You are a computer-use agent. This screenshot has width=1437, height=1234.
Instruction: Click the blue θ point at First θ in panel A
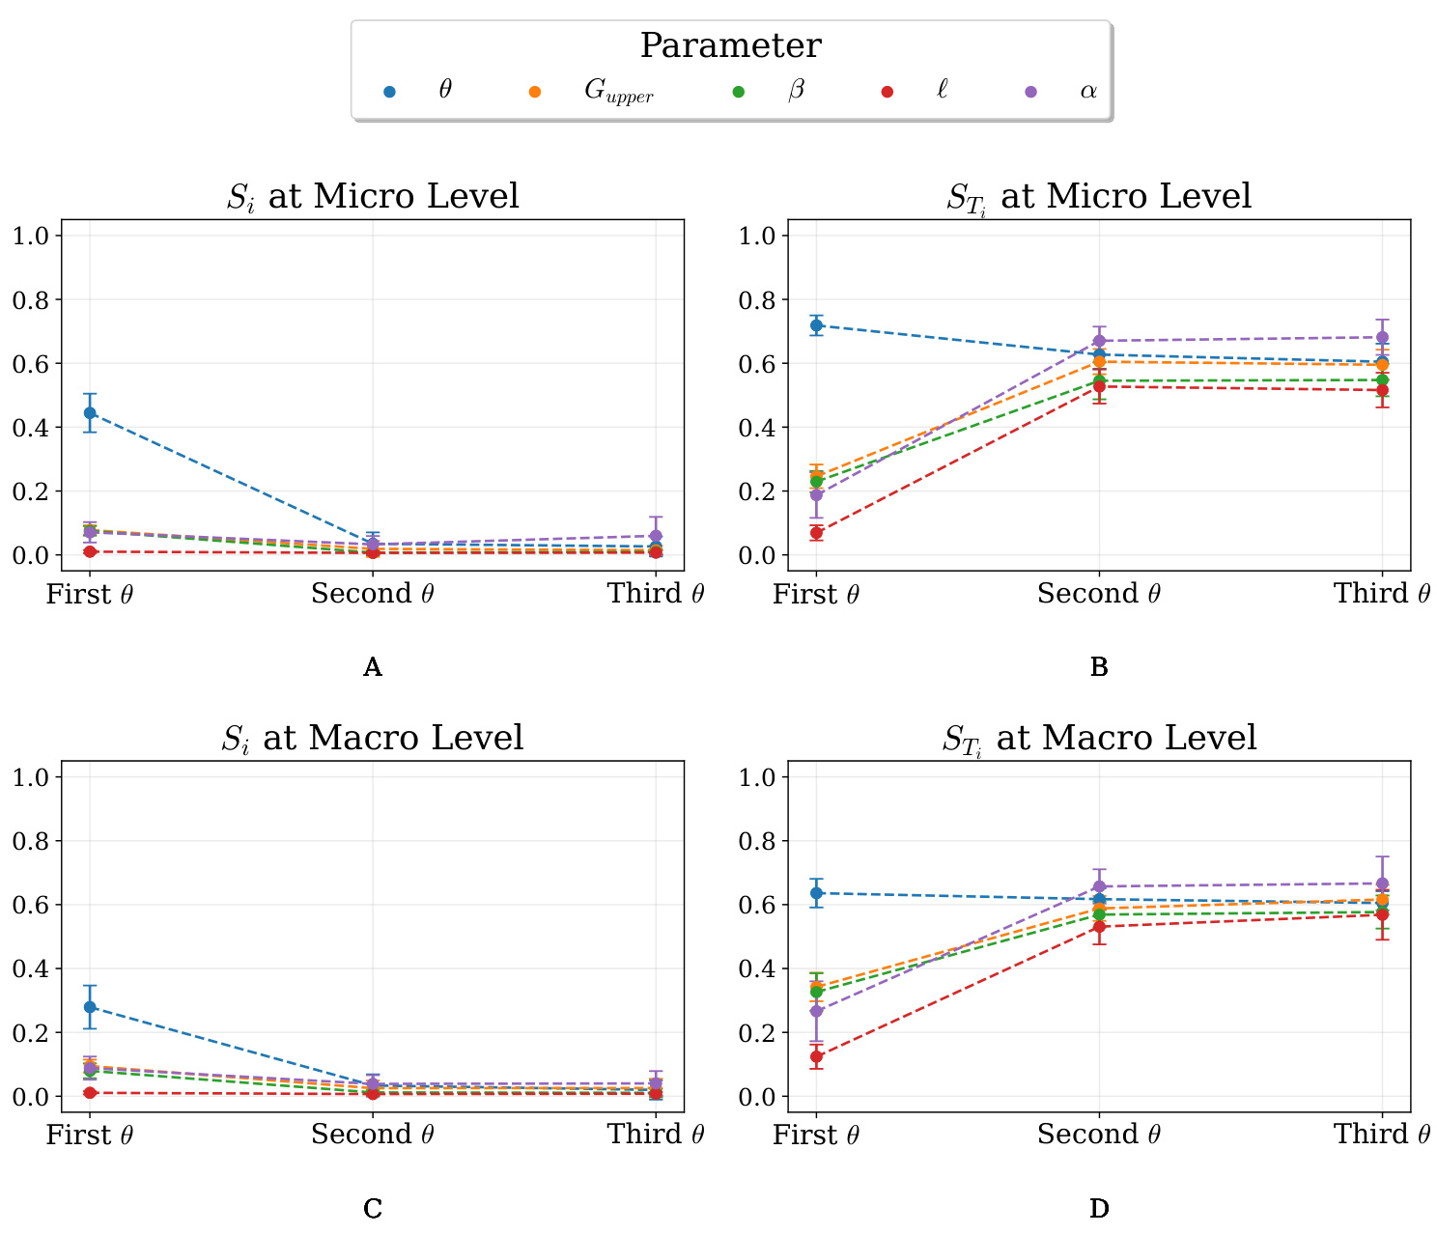90,412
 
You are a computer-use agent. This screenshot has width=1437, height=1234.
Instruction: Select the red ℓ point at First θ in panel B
817,532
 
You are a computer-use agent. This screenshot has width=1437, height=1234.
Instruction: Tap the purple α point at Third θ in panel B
1382,337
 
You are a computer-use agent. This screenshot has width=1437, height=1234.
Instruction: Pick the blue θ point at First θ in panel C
90,1007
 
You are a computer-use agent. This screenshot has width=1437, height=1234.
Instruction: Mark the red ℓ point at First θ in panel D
817,1056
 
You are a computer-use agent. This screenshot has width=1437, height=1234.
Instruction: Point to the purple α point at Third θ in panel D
1382,883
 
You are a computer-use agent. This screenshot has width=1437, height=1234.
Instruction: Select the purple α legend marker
1031,92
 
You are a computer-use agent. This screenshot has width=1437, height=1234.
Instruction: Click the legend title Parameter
731,45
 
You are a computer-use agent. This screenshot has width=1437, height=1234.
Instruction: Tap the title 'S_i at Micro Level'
373,196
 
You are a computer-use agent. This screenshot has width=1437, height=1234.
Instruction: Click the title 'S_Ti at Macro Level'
1099,738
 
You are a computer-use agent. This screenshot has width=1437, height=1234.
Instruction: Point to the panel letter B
1099,667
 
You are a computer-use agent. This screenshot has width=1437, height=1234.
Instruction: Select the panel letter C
373,1208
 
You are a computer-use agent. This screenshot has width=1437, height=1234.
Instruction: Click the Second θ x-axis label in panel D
1099,1135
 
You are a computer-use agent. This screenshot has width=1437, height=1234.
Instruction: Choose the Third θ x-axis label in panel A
656,594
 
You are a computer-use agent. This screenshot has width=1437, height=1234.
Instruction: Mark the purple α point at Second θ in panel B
1099,341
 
